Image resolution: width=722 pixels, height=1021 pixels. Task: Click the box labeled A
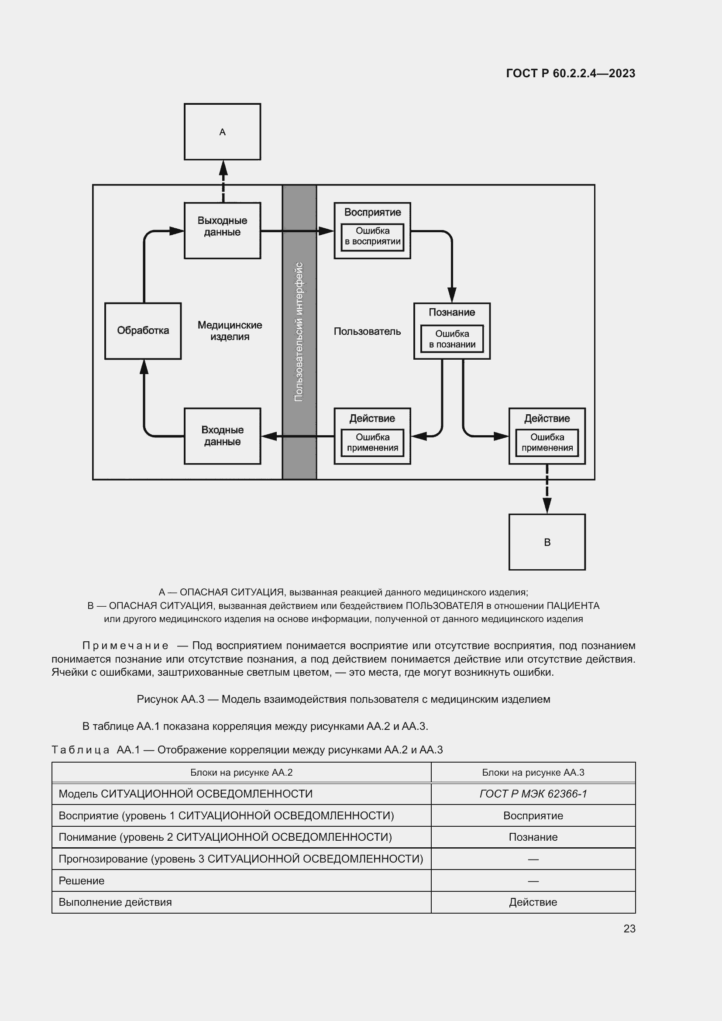(x=222, y=132)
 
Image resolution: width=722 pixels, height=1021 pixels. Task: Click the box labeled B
(x=547, y=542)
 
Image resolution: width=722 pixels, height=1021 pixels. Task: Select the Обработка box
(x=143, y=331)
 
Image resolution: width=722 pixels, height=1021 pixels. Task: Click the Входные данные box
(x=222, y=436)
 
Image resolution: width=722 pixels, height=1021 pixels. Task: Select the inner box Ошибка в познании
(x=452, y=339)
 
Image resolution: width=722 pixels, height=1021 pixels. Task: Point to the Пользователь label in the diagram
(x=367, y=331)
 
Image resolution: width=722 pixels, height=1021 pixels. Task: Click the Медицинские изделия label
(x=230, y=331)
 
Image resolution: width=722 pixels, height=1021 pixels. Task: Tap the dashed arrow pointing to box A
(x=223, y=182)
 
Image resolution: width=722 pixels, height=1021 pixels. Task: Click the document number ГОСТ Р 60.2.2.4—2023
(x=571, y=73)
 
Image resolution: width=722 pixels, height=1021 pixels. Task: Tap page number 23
(x=629, y=928)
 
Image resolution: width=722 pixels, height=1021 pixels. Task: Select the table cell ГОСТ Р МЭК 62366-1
(x=533, y=794)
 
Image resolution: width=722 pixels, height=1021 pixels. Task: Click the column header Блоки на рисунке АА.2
(x=241, y=773)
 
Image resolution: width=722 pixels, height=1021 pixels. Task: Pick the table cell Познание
(x=533, y=837)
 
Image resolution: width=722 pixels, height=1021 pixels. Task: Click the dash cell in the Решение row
(x=533, y=880)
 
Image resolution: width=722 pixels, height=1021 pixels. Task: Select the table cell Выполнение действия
(x=115, y=902)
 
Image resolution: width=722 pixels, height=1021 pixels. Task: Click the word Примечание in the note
(x=125, y=646)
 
